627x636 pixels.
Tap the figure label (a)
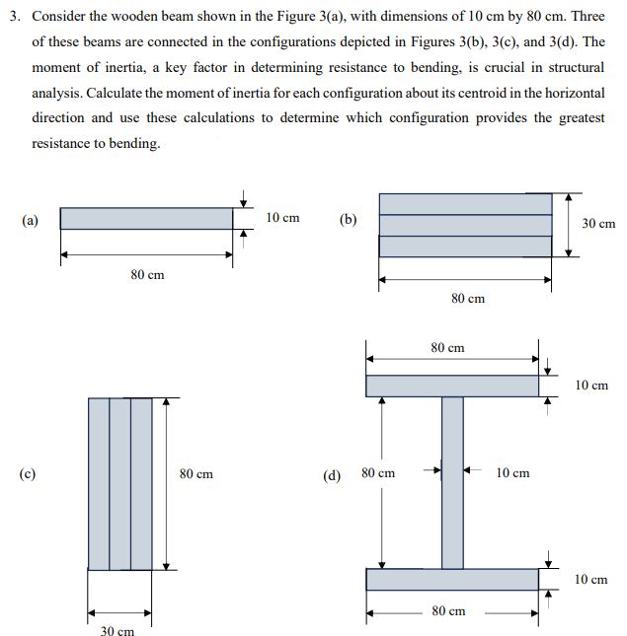31,219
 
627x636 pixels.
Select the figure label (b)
348,219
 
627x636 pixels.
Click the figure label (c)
31,474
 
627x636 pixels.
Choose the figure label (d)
333,474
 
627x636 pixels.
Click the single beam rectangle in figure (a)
146,218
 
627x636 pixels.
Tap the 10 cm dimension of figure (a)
283,217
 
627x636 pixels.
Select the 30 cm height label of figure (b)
597,224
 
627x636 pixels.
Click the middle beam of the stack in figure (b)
465,225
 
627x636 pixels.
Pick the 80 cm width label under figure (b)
467,298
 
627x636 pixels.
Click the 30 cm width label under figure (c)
118,630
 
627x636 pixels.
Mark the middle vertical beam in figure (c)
119,483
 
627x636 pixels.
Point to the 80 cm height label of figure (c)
196,474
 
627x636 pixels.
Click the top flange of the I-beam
452,386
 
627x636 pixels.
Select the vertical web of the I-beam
452,482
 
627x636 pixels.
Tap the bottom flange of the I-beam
452,579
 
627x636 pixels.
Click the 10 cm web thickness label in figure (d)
512,473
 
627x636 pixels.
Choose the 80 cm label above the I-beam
448,348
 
